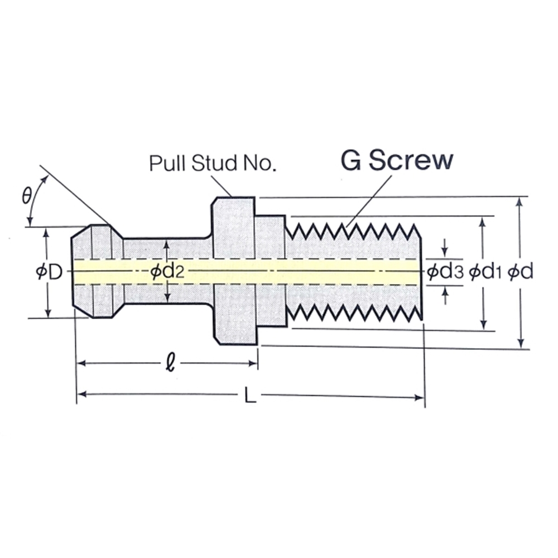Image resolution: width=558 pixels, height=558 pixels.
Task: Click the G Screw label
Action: [x=397, y=161]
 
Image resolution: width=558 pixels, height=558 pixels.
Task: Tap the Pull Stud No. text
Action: [x=213, y=163]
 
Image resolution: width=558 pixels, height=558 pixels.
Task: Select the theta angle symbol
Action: [x=27, y=195]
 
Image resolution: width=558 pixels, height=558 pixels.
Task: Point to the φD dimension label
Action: [x=49, y=272]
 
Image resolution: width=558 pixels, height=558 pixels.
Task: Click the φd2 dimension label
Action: [x=167, y=272]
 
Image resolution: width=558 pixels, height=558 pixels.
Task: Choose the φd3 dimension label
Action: [x=445, y=272]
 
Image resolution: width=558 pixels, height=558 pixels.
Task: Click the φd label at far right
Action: [x=520, y=272]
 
